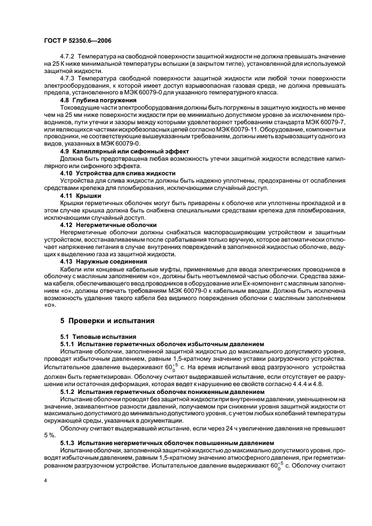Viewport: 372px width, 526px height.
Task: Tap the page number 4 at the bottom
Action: pyautogui.click(x=46, y=481)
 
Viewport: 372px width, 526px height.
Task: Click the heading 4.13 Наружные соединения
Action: pyautogui.click(x=106, y=261)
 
